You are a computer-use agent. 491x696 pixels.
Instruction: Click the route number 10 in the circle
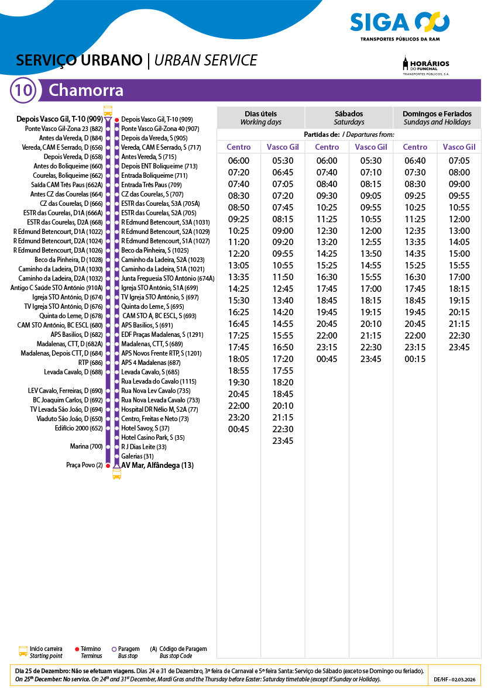pyautogui.click(x=24, y=91)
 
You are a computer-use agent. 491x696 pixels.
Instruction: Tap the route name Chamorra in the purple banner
pyautogui.click(x=86, y=91)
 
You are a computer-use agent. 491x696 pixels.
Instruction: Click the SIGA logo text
pyautogui.click(x=380, y=23)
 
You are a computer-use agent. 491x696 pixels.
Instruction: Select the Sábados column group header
pyautogui.click(x=349, y=118)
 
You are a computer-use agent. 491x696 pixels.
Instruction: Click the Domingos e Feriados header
pyautogui.click(x=437, y=118)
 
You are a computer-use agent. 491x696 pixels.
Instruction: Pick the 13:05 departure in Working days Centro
pyautogui.click(x=239, y=266)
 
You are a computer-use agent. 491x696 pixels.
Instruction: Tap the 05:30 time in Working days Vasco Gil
pyautogui.click(x=283, y=161)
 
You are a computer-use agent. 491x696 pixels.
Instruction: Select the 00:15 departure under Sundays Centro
pyautogui.click(x=415, y=359)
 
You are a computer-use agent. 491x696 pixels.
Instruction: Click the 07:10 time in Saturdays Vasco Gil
pyautogui.click(x=371, y=173)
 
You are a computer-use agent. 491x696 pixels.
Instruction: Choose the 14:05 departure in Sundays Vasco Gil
pyautogui.click(x=459, y=242)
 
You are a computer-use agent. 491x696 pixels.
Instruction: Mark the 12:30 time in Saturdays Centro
pyautogui.click(x=327, y=230)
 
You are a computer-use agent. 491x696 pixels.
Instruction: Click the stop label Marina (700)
pyautogui.click(x=87, y=447)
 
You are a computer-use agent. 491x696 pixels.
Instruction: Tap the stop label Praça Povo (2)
pyautogui.click(x=85, y=466)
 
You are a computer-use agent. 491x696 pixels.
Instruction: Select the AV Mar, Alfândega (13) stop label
pyautogui.click(x=157, y=466)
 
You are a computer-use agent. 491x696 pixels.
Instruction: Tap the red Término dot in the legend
pyautogui.click(x=77, y=649)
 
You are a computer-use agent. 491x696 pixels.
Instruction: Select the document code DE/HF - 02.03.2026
pyautogui.click(x=455, y=680)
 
